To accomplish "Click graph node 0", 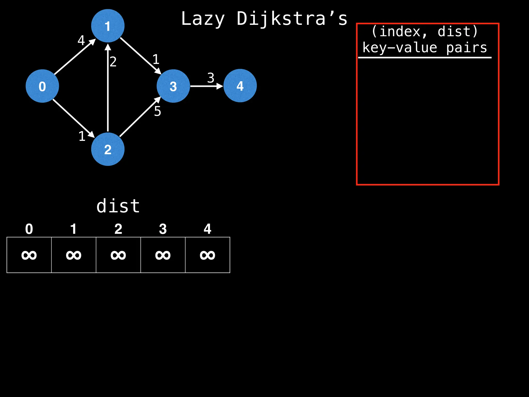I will coord(42,86).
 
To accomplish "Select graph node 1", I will coord(108,26).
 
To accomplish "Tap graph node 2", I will coord(108,149).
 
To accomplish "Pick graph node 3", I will coord(173,86).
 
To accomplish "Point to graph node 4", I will coord(240,86).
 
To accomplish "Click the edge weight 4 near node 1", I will coord(81,40).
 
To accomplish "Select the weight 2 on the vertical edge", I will coord(113,62).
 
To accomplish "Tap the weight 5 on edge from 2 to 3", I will coord(158,111).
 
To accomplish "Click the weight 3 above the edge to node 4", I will coord(211,78).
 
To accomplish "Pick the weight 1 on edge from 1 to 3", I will coord(156,59).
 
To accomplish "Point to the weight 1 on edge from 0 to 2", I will coord(82,136).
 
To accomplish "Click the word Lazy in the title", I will coord(203,19).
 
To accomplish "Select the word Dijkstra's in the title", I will coord(292,19).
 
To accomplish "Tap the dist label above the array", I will coord(118,206).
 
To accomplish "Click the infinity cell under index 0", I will coord(29,255).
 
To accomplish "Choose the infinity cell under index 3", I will coord(163,255).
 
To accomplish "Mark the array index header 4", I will coord(207,229).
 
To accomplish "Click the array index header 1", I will coord(74,229).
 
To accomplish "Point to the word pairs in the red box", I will coord(466,48).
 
